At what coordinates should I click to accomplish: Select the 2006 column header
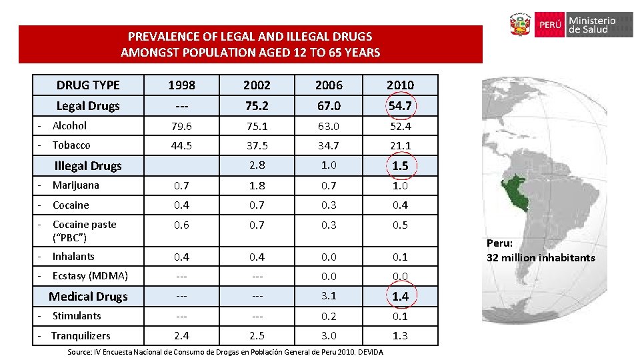[x=329, y=85]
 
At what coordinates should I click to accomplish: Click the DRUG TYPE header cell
[x=88, y=85]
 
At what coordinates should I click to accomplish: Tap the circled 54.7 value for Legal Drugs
[x=400, y=106]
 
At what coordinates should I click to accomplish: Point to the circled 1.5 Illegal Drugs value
[x=400, y=166]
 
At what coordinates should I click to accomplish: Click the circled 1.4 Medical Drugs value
[x=400, y=296]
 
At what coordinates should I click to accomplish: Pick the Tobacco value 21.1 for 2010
[x=400, y=145]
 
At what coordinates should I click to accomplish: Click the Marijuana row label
[x=75, y=185]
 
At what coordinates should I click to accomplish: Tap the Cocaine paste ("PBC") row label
[x=84, y=231]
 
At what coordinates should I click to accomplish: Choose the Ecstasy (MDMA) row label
[x=90, y=275]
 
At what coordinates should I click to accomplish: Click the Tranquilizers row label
[x=81, y=335]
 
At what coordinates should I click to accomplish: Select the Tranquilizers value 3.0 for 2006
[x=329, y=335]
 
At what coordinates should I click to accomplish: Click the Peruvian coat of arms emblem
[x=520, y=25]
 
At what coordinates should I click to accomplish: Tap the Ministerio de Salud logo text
[x=592, y=25]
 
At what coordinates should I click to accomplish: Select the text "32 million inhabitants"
[x=541, y=257]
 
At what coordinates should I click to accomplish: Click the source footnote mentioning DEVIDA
[x=225, y=352]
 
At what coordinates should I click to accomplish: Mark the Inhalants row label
[x=73, y=256]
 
